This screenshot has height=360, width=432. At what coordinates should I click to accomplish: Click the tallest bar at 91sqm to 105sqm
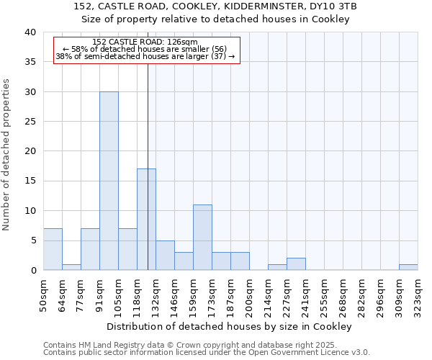coord(109,181)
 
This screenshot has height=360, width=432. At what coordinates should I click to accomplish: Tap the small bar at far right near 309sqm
coord(408,267)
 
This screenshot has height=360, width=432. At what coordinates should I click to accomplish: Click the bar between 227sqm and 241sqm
coord(296,264)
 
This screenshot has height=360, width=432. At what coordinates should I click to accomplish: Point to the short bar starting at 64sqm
coord(71,267)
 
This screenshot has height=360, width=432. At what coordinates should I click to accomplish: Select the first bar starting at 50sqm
coord(53,249)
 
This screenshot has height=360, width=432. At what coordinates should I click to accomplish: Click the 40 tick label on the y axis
coord(30,32)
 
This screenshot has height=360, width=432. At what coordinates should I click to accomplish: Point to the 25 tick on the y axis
coord(30,122)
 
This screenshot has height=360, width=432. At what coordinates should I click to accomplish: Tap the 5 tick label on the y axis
coord(32,240)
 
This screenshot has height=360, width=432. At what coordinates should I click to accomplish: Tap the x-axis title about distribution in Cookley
coord(230,326)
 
